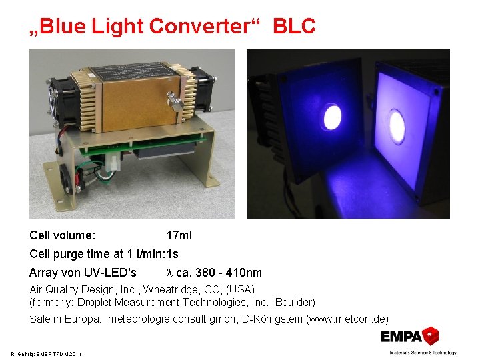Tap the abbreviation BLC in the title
294,26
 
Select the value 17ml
179,235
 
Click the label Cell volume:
62,235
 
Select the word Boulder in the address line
296,302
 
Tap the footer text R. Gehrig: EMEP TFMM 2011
46,353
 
